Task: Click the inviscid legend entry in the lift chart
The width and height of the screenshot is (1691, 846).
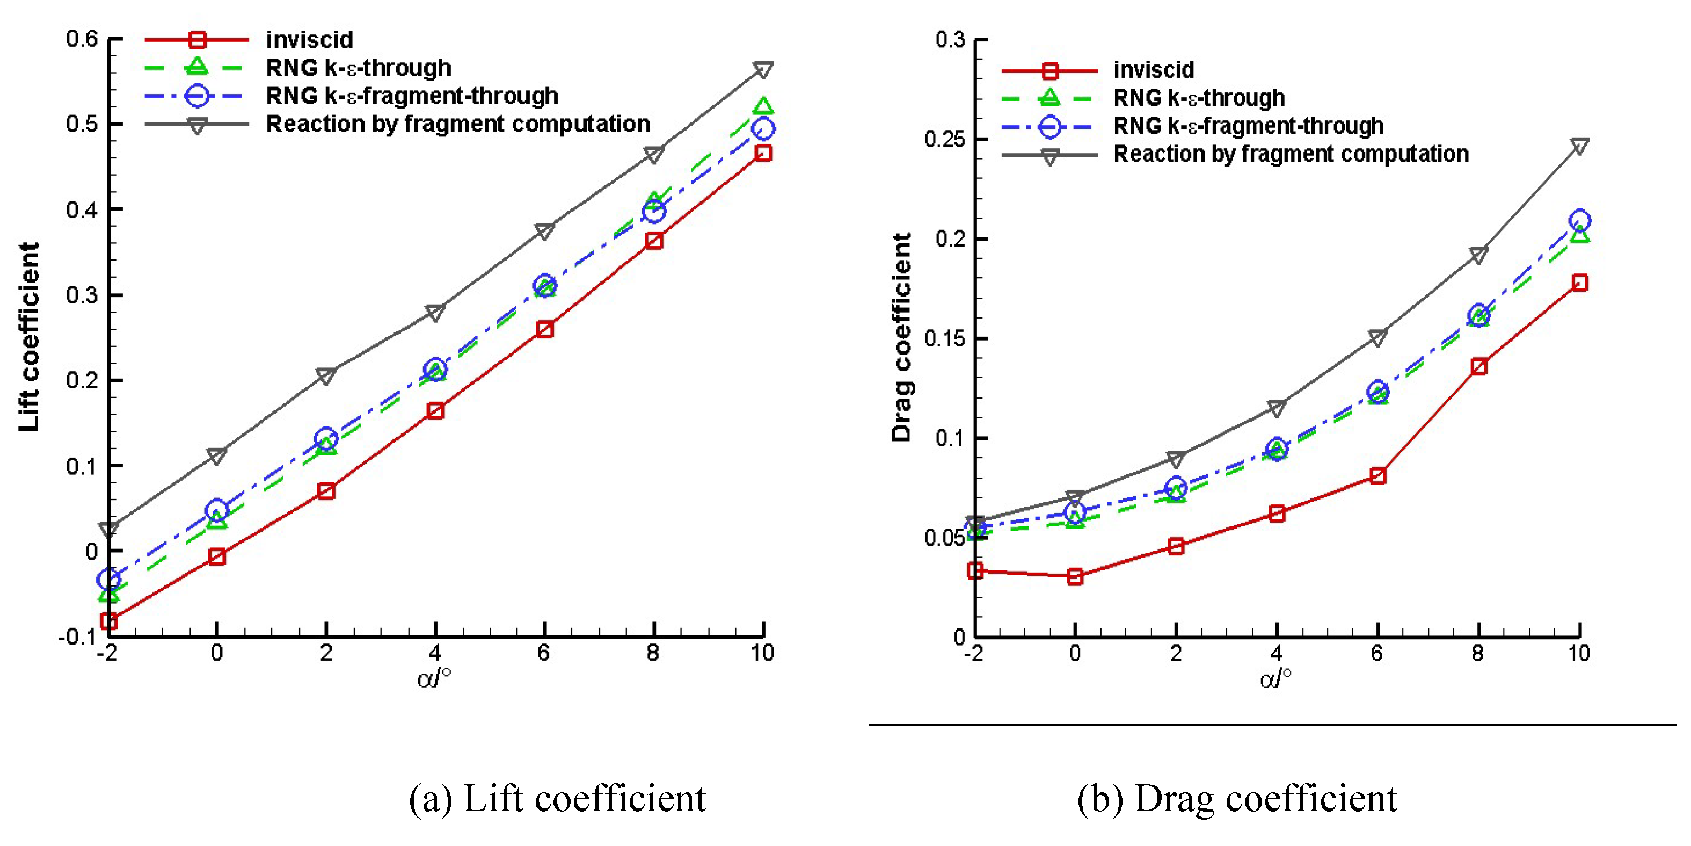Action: pyautogui.click(x=309, y=40)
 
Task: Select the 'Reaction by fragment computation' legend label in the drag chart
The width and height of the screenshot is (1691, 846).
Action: pyautogui.click(x=1291, y=154)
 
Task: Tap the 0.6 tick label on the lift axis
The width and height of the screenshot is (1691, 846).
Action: pyautogui.click(x=82, y=39)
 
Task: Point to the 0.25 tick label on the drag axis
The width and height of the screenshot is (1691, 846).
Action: pyautogui.click(x=945, y=139)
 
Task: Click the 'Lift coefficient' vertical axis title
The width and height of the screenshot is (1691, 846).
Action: pyautogui.click(x=30, y=336)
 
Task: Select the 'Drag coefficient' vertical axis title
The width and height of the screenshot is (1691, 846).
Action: pyautogui.click(x=902, y=336)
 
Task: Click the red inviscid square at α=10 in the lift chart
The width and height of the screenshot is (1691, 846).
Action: pyautogui.click(x=763, y=154)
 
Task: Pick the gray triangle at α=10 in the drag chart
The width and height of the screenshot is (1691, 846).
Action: pyautogui.click(x=1579, y=146)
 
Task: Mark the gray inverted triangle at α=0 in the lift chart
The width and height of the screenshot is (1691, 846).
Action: pyautogui.click(x=217, y=455)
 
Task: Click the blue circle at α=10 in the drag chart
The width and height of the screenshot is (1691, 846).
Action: pyautogui.click(x=1579, y=220)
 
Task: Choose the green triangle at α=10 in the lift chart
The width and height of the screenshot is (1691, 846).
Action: pyautogui.click(x=763, y=106)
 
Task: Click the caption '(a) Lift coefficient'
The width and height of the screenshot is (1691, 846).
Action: pyautogui.click(x=557, y=799)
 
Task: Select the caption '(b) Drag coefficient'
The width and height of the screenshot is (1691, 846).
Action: pyautogui.click(x=1237, y=799)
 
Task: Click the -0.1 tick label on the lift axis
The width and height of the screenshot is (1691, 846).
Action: pyautogui.click(x=77, y=637)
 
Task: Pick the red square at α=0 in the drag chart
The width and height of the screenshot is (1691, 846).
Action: pyautogui.click(x=1075, y=577)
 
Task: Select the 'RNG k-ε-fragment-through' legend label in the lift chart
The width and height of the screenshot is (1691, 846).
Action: pyautogui.click(x=412, y=96)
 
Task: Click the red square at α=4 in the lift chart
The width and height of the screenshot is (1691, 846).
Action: pyautogui.click(x=435, y=411)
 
